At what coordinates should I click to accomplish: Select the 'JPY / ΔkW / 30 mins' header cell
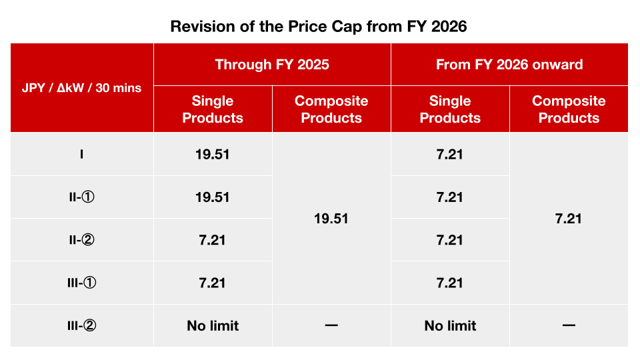pos(82,88)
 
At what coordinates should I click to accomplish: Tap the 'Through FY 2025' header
pos(272,65)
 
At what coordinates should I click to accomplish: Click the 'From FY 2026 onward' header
pos(509,65)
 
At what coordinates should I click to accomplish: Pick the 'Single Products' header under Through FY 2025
pos(213,109)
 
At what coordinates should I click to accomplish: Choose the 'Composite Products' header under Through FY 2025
pos(331,109)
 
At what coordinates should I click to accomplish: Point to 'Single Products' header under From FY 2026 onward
pos(450,109)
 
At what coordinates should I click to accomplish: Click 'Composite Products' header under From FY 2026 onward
pos(569,109)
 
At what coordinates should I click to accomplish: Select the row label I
pos(82,155)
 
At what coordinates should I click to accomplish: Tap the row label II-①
pos(82,197)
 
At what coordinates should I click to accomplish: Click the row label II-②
pos(82,240)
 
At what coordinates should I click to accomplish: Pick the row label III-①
pos(82,283)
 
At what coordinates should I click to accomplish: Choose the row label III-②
pos(82,325)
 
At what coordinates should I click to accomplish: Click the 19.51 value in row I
pos(213,155)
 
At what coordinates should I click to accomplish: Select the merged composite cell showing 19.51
pos(331,219)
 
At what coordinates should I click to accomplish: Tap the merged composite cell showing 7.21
pos(569,219)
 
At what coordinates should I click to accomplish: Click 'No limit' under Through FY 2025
pos(213,325)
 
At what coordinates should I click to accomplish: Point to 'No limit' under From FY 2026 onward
pos(450,325)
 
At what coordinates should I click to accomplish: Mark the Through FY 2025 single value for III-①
pos(213,283)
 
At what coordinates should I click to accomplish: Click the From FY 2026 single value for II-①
pos(450,197)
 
